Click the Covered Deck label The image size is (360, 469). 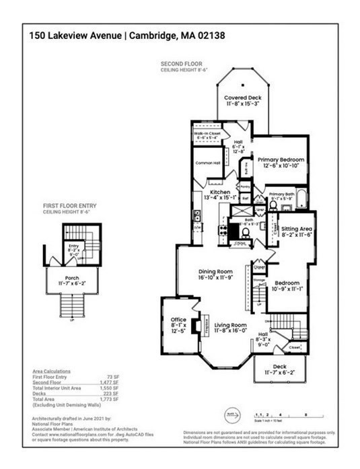tap(243, 98)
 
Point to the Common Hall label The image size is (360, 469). tap(208, 164)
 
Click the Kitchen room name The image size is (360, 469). tap(221, 192)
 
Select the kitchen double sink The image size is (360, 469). tap(196, 217)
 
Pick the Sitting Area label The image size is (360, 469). tap(295, 229)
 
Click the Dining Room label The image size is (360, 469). tap(215, 271)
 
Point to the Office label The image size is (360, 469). tap(178, 319)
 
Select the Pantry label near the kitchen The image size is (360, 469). tap(245, 186)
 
